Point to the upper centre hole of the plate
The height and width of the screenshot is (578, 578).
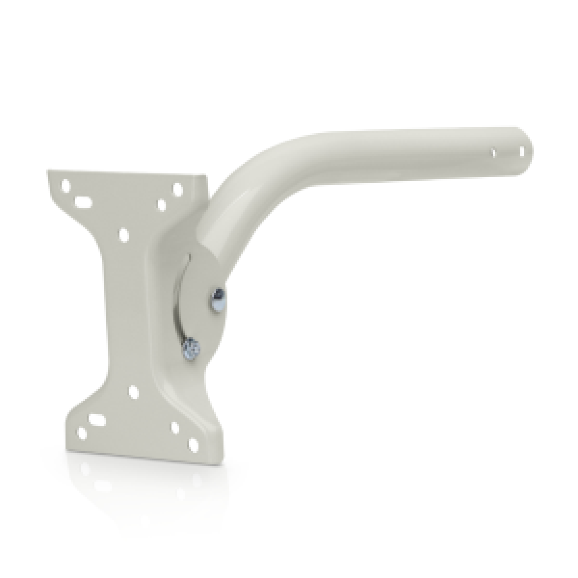pos(124,234)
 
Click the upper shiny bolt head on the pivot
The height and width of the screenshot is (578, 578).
pos(216,300)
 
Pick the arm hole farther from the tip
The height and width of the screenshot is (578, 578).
pos(494,153)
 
